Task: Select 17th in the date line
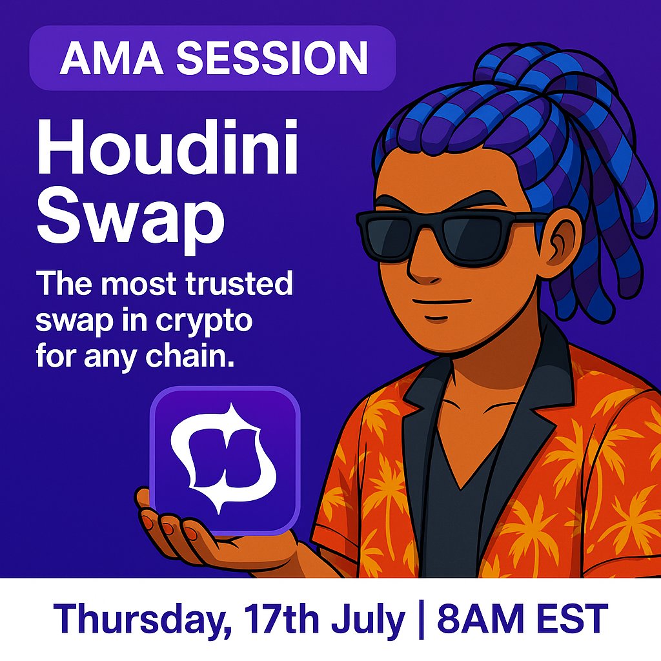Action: click(x=281, y=619)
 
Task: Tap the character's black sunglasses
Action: click(x=445, y=233)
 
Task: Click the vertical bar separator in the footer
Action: click(x=420, y=619)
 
